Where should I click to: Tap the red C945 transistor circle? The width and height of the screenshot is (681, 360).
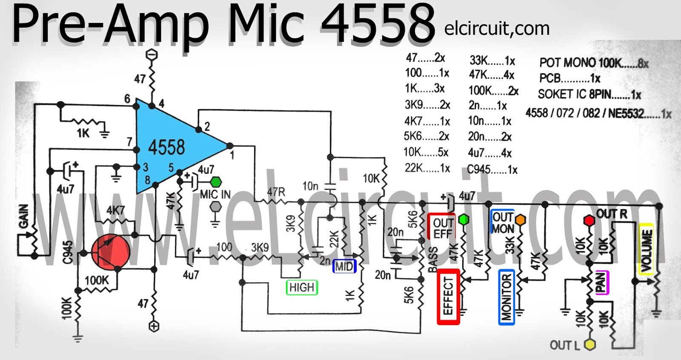point(111,252)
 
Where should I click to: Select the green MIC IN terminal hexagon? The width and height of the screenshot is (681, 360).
point(216,182)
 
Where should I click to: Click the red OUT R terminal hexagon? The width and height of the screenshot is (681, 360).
point(589,220)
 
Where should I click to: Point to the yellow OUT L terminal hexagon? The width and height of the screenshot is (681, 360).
point(590,345)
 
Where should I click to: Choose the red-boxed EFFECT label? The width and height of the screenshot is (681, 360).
point(448,296)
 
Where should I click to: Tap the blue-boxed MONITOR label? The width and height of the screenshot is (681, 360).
point(506,297)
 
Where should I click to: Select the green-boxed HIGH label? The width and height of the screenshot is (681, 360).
point(302,288)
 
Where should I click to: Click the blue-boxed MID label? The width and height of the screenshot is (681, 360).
point(344,266)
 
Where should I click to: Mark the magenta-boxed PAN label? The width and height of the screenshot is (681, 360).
point(601,282)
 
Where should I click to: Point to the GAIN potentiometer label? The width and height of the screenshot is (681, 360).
point(24,216)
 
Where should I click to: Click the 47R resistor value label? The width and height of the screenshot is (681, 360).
point(276,192)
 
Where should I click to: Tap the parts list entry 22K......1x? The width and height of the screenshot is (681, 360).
point(427,168)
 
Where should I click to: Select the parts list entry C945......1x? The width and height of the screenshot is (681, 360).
point(492,169)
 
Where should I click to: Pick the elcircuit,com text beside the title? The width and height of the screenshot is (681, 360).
point(497,29)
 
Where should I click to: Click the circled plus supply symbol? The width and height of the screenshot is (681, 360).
point(154,326)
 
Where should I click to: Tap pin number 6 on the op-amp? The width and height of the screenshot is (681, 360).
point(127,99)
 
